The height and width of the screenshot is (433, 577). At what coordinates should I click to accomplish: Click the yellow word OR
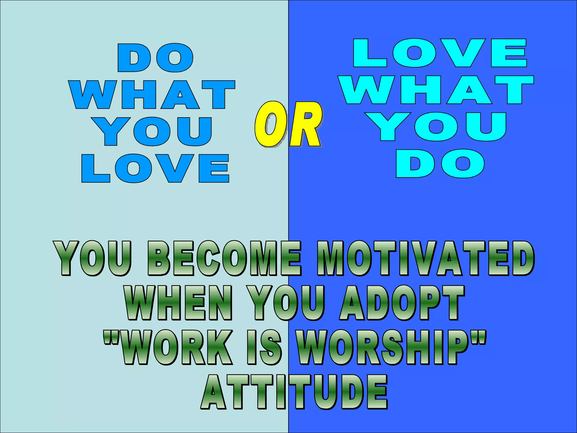pos(288,124)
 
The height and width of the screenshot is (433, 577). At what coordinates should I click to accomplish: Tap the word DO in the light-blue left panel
pos(156,58)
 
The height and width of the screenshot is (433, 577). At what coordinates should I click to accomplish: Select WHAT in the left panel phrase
pos(152,94)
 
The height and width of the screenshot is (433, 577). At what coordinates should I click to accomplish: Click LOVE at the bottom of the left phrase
pos(155,168)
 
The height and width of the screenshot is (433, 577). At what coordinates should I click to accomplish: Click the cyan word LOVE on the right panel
pos(440,53)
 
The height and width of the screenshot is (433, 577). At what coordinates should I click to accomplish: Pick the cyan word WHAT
pos(436,90)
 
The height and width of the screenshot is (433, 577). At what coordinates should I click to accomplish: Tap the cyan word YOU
pos(437,127)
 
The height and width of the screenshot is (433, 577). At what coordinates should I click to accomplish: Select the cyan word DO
pos(440,164)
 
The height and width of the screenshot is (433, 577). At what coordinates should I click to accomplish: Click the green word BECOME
pos(224,258)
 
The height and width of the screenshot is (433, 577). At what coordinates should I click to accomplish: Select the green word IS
pos(264,347)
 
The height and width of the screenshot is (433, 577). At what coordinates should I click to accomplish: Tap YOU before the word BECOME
pos(93,258)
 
